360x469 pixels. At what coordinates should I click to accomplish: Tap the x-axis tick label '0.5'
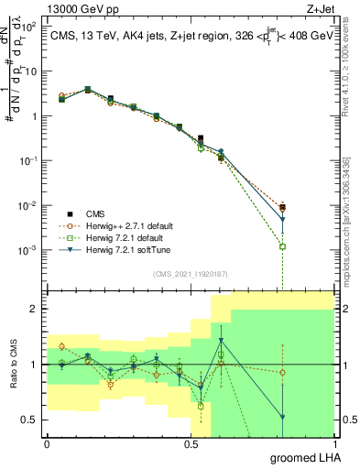(191, 442)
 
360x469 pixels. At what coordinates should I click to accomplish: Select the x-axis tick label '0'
(47, 442)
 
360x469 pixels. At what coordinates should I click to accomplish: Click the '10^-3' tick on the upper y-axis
(28, 250)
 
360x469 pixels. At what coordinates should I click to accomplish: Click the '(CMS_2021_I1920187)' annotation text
(190, 273)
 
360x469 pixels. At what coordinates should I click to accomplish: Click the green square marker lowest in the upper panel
(283, 246)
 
